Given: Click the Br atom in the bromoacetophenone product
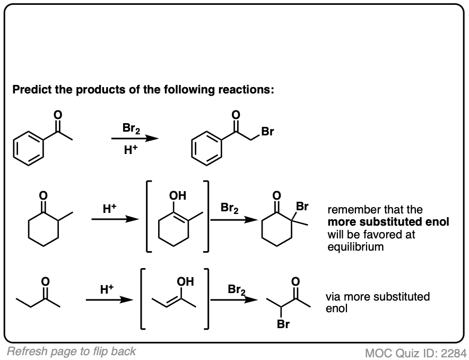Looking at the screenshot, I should point(267,132).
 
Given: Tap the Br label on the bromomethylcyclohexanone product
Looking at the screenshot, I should point(302,205).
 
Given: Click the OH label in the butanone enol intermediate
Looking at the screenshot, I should point(186,280).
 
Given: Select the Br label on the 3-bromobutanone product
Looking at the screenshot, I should point(283,324).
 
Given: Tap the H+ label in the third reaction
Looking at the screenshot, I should point(108,290).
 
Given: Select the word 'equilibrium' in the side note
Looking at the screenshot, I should point(355,246).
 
